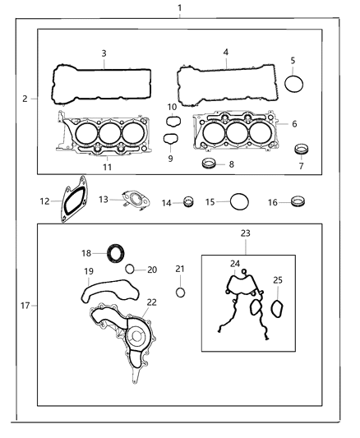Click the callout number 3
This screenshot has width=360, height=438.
coord(104,53)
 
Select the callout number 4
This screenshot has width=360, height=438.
coord(225,53)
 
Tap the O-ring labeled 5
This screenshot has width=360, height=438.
coord(295,84)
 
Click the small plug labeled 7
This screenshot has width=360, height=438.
coord(302,150)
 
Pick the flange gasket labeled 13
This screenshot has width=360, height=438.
coord(132,201)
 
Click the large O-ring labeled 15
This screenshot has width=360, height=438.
coord(239,201)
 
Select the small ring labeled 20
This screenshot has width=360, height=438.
coord(130,270)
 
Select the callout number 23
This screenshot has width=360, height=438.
coord(246,233)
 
